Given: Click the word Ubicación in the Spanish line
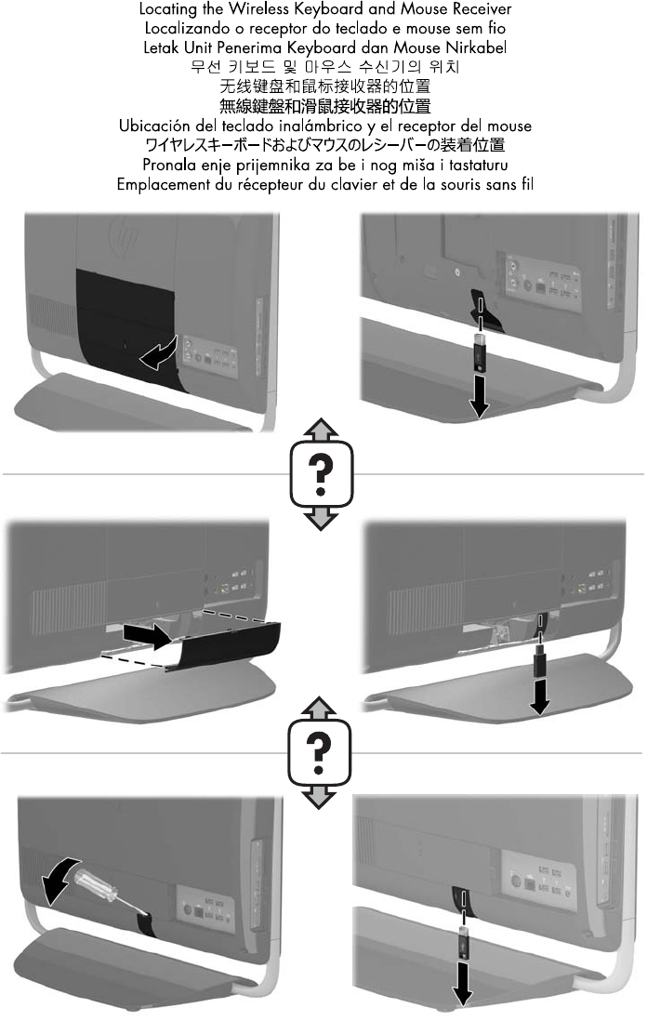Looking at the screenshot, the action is click(x=152, y=126).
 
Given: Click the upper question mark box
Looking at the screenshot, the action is click(x=321, y=473).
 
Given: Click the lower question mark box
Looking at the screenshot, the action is click(x=319, y=752).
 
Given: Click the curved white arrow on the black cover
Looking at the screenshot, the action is click(x=158, y=352).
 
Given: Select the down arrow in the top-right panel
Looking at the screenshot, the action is click(x=479, y=395).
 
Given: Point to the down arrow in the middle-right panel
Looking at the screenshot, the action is click(x=539, y=695).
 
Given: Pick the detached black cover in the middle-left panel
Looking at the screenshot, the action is click(x=225, y=645).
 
